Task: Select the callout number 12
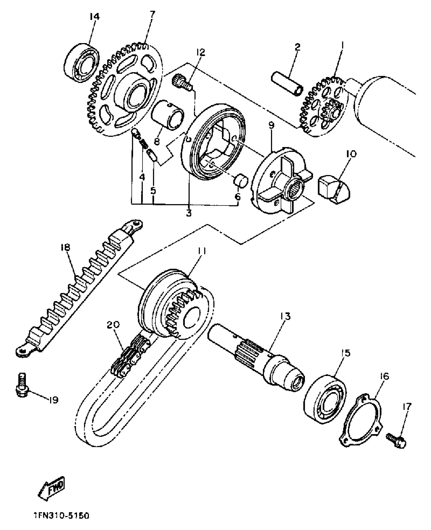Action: coord(200,52)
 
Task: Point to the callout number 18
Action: coord(65,248)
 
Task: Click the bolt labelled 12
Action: coord(182,83)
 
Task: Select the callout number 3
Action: coord(189,213)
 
